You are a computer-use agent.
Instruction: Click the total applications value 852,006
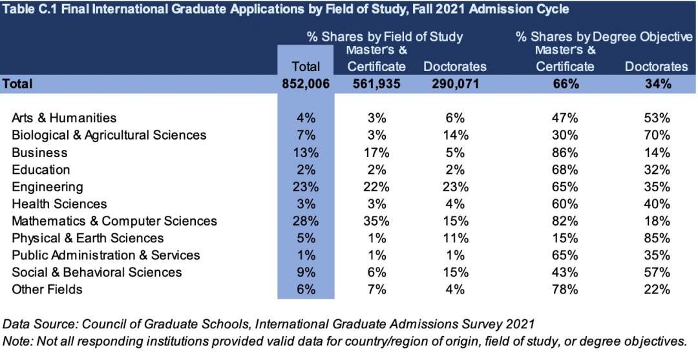[x=306, y=83]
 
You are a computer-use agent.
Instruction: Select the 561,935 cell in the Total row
[x=376, y=83]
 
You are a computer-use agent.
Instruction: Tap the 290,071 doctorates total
[x=454, y=83]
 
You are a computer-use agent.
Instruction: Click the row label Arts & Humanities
[x=64, y=118]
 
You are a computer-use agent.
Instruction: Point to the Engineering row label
[x=47, y=187]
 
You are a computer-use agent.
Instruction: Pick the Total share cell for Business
[x=306, y=153]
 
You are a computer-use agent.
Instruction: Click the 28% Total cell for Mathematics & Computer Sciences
[x=306, y=221]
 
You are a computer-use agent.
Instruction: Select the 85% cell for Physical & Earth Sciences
[x=657, y=238]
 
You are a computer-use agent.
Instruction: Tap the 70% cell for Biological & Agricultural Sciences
[x=657, y=135]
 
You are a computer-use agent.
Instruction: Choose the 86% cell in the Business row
[x=564, y=153]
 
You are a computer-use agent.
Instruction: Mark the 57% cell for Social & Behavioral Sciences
[x=657, y=272]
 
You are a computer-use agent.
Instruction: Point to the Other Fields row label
[x=47, y=290]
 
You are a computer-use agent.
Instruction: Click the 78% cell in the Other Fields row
[x=564, y=290]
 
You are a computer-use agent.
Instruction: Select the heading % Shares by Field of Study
[x=385, y=37]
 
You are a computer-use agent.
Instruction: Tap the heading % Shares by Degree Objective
[x=604, y=37]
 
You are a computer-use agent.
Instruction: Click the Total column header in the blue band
[x=306, y=66]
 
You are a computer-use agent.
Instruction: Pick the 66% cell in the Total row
[x=564, y=83]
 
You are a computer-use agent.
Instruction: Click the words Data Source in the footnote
[x=34, y=323]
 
